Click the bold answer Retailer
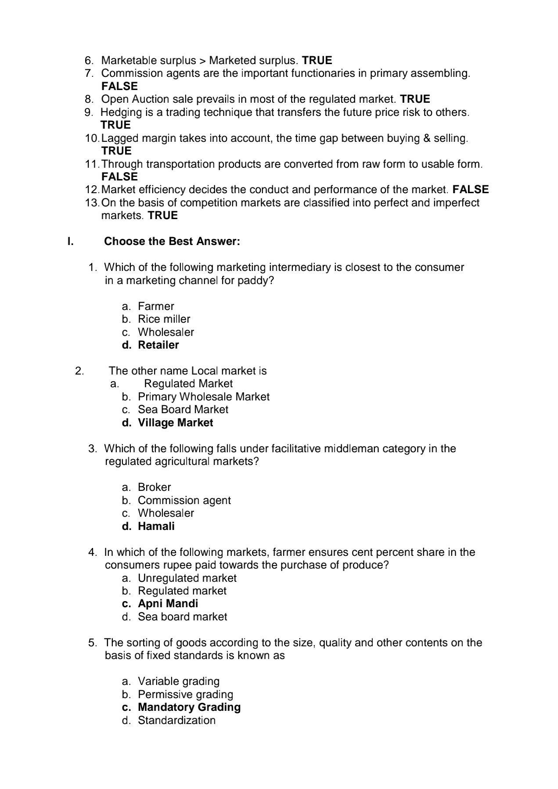point(158,345)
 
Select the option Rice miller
point(164,319)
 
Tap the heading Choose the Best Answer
point(172,241)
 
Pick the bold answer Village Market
point(175,423)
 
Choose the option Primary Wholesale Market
point(203,397)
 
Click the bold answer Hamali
point(156,526)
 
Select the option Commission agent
point(184,501)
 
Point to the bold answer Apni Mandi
point(168,604)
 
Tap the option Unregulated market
point(187,578)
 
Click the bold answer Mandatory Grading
point(189,707)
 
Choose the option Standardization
point(176,721)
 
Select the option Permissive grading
point(185,695)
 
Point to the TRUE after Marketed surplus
point(317,61)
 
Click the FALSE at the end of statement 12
point(470,190)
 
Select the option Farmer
point(156,306)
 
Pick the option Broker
point(154,487)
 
